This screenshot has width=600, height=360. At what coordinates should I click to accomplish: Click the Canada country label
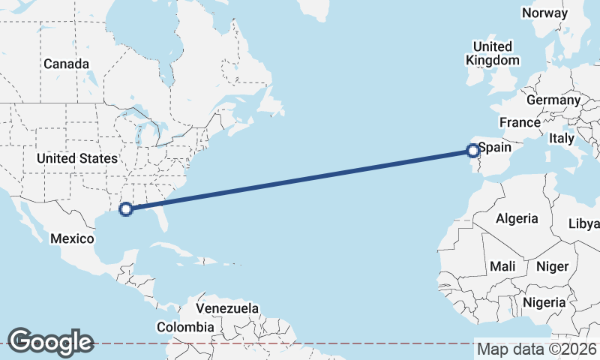66,64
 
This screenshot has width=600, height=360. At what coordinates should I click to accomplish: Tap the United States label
77,158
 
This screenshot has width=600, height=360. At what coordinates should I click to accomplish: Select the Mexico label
72,238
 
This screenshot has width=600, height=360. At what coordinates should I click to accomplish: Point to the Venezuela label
227,308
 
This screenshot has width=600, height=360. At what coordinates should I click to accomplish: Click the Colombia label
184,327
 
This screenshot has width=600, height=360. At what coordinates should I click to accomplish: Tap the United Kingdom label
492,53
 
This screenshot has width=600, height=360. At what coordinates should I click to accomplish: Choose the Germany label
553,100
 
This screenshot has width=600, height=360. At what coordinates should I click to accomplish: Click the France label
520,122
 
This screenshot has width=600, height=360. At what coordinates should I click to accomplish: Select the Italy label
561,139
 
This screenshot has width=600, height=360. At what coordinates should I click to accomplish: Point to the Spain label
494,148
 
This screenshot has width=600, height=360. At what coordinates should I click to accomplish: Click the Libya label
585,224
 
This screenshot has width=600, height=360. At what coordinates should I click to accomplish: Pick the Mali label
502,266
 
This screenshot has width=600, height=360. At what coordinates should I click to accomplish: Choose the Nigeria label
544,302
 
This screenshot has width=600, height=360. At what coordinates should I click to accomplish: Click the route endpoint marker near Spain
473,151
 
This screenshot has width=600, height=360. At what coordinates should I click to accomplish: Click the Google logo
50,341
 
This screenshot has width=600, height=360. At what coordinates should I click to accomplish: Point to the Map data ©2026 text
536,349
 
